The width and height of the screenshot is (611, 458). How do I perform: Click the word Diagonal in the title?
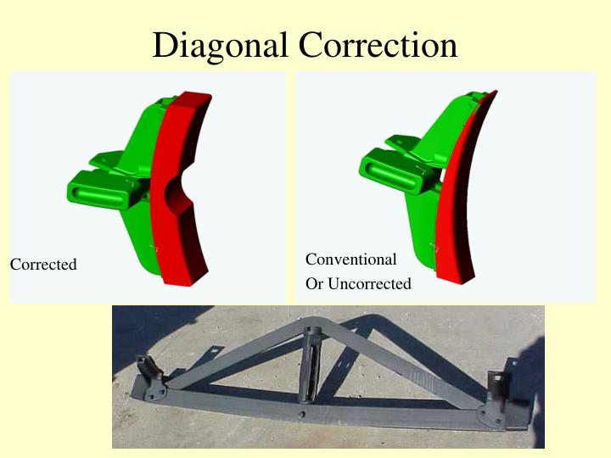(221, 45)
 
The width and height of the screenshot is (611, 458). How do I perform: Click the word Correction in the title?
(378, 45)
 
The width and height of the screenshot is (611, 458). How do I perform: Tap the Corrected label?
(43, 265)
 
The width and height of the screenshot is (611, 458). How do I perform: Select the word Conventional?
(350, 260)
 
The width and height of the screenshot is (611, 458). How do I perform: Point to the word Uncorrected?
(369, 284)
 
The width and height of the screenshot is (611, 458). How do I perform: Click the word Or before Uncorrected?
(314, 284)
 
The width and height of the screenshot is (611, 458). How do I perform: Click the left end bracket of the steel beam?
(154, 377)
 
